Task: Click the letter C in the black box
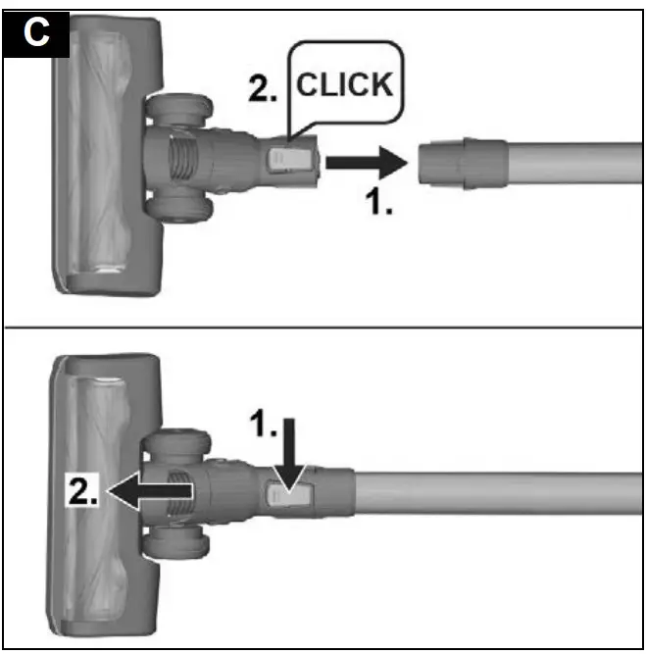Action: [x=37, y=34]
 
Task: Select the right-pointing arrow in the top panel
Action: [x=364, y=160]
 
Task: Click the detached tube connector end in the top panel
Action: [x=461, y=162]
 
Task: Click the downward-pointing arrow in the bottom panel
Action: [x=289, y=451]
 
